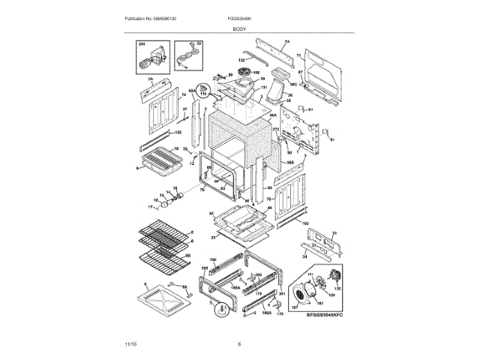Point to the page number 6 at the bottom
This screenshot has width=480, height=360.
(239, 344)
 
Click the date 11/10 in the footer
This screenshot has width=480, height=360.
(130, 344)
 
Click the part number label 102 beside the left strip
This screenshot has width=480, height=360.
(178, 133)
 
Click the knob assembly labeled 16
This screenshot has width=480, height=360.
(164, 201)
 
